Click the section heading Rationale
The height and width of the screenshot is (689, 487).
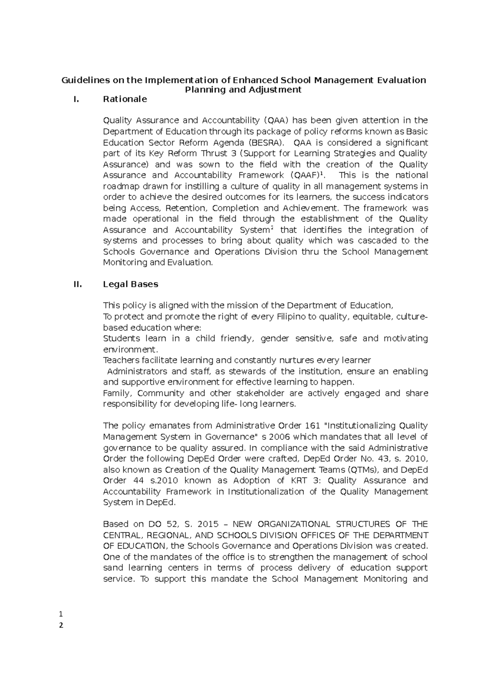tap(125, 99)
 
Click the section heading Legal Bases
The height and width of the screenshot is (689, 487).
tap(130, 284)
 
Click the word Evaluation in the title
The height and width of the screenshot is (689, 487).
tap(401, 80)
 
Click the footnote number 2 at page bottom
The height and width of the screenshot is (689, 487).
tap(61, 625)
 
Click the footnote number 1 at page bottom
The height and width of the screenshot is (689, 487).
tap(61, 614)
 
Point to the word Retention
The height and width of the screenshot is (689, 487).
tap(187, 208)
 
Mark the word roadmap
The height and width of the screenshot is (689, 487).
tap(121, 186)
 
